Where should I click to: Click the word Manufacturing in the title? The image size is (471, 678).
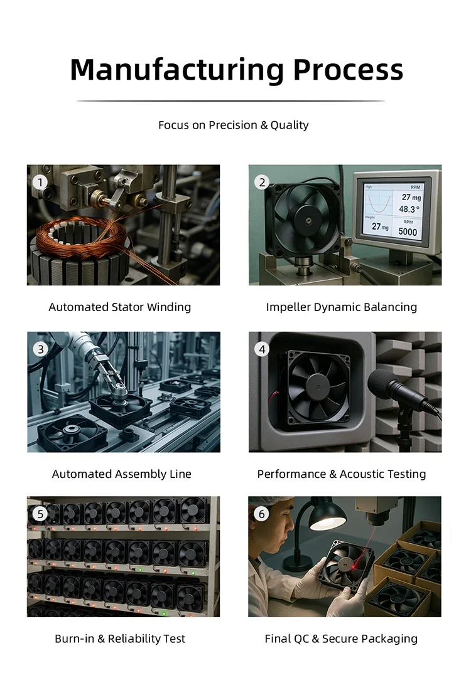(x=176, y=69)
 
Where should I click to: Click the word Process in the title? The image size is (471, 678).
(x=349, y=69)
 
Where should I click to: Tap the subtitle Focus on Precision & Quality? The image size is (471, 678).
(x=234, y=125)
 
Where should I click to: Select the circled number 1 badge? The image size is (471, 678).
(x=40, y=182)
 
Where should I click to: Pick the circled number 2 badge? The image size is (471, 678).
(x=262, y=182)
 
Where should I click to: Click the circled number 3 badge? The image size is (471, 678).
(x=40, y=349)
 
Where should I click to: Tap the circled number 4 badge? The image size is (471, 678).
(x=262, y=349)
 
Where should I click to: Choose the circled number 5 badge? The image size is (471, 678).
(x=40, y=514)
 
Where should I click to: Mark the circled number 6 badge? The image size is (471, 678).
(x=262, y=514)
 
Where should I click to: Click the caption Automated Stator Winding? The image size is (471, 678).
(x=119, y=307)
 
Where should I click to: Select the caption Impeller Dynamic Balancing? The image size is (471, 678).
(x=342, y=307)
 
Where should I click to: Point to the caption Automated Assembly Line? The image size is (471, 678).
(x=122, y=474)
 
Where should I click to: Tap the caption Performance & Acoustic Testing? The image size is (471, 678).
(x=342, y=474)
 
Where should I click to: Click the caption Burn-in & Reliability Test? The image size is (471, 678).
(x=120, y=638)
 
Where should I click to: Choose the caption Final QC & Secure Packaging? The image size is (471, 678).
(x=341, y=638)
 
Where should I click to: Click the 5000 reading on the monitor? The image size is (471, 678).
(x=408, y=232)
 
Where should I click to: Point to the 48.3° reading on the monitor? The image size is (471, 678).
(x=409, y=209)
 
